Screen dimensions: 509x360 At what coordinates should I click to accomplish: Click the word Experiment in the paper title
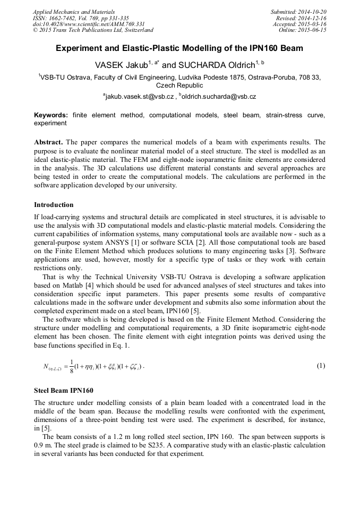point(82,48)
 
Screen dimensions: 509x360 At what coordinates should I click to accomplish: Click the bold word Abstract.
point(49,142)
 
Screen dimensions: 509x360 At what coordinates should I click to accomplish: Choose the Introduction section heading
point(54,204)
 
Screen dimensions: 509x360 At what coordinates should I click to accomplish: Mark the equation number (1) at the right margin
point(321,366)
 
